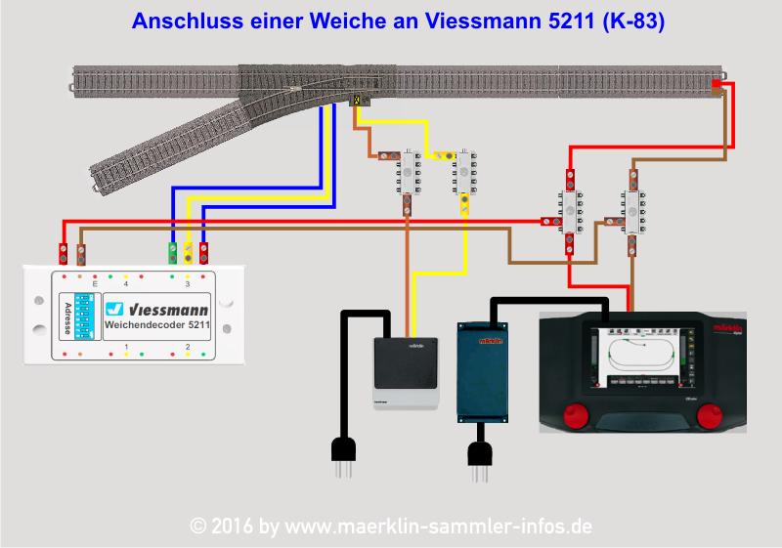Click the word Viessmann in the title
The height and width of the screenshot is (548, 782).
[x=475, y=21]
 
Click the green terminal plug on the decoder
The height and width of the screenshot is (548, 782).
[x=173, y=254]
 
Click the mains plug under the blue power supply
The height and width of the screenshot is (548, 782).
[x=479, y=453]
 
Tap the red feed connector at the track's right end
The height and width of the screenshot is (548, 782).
[x=717, y=86]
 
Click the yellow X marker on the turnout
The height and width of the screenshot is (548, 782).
[x=358, y=100]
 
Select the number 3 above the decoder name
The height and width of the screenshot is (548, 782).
[x=187, y=284]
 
